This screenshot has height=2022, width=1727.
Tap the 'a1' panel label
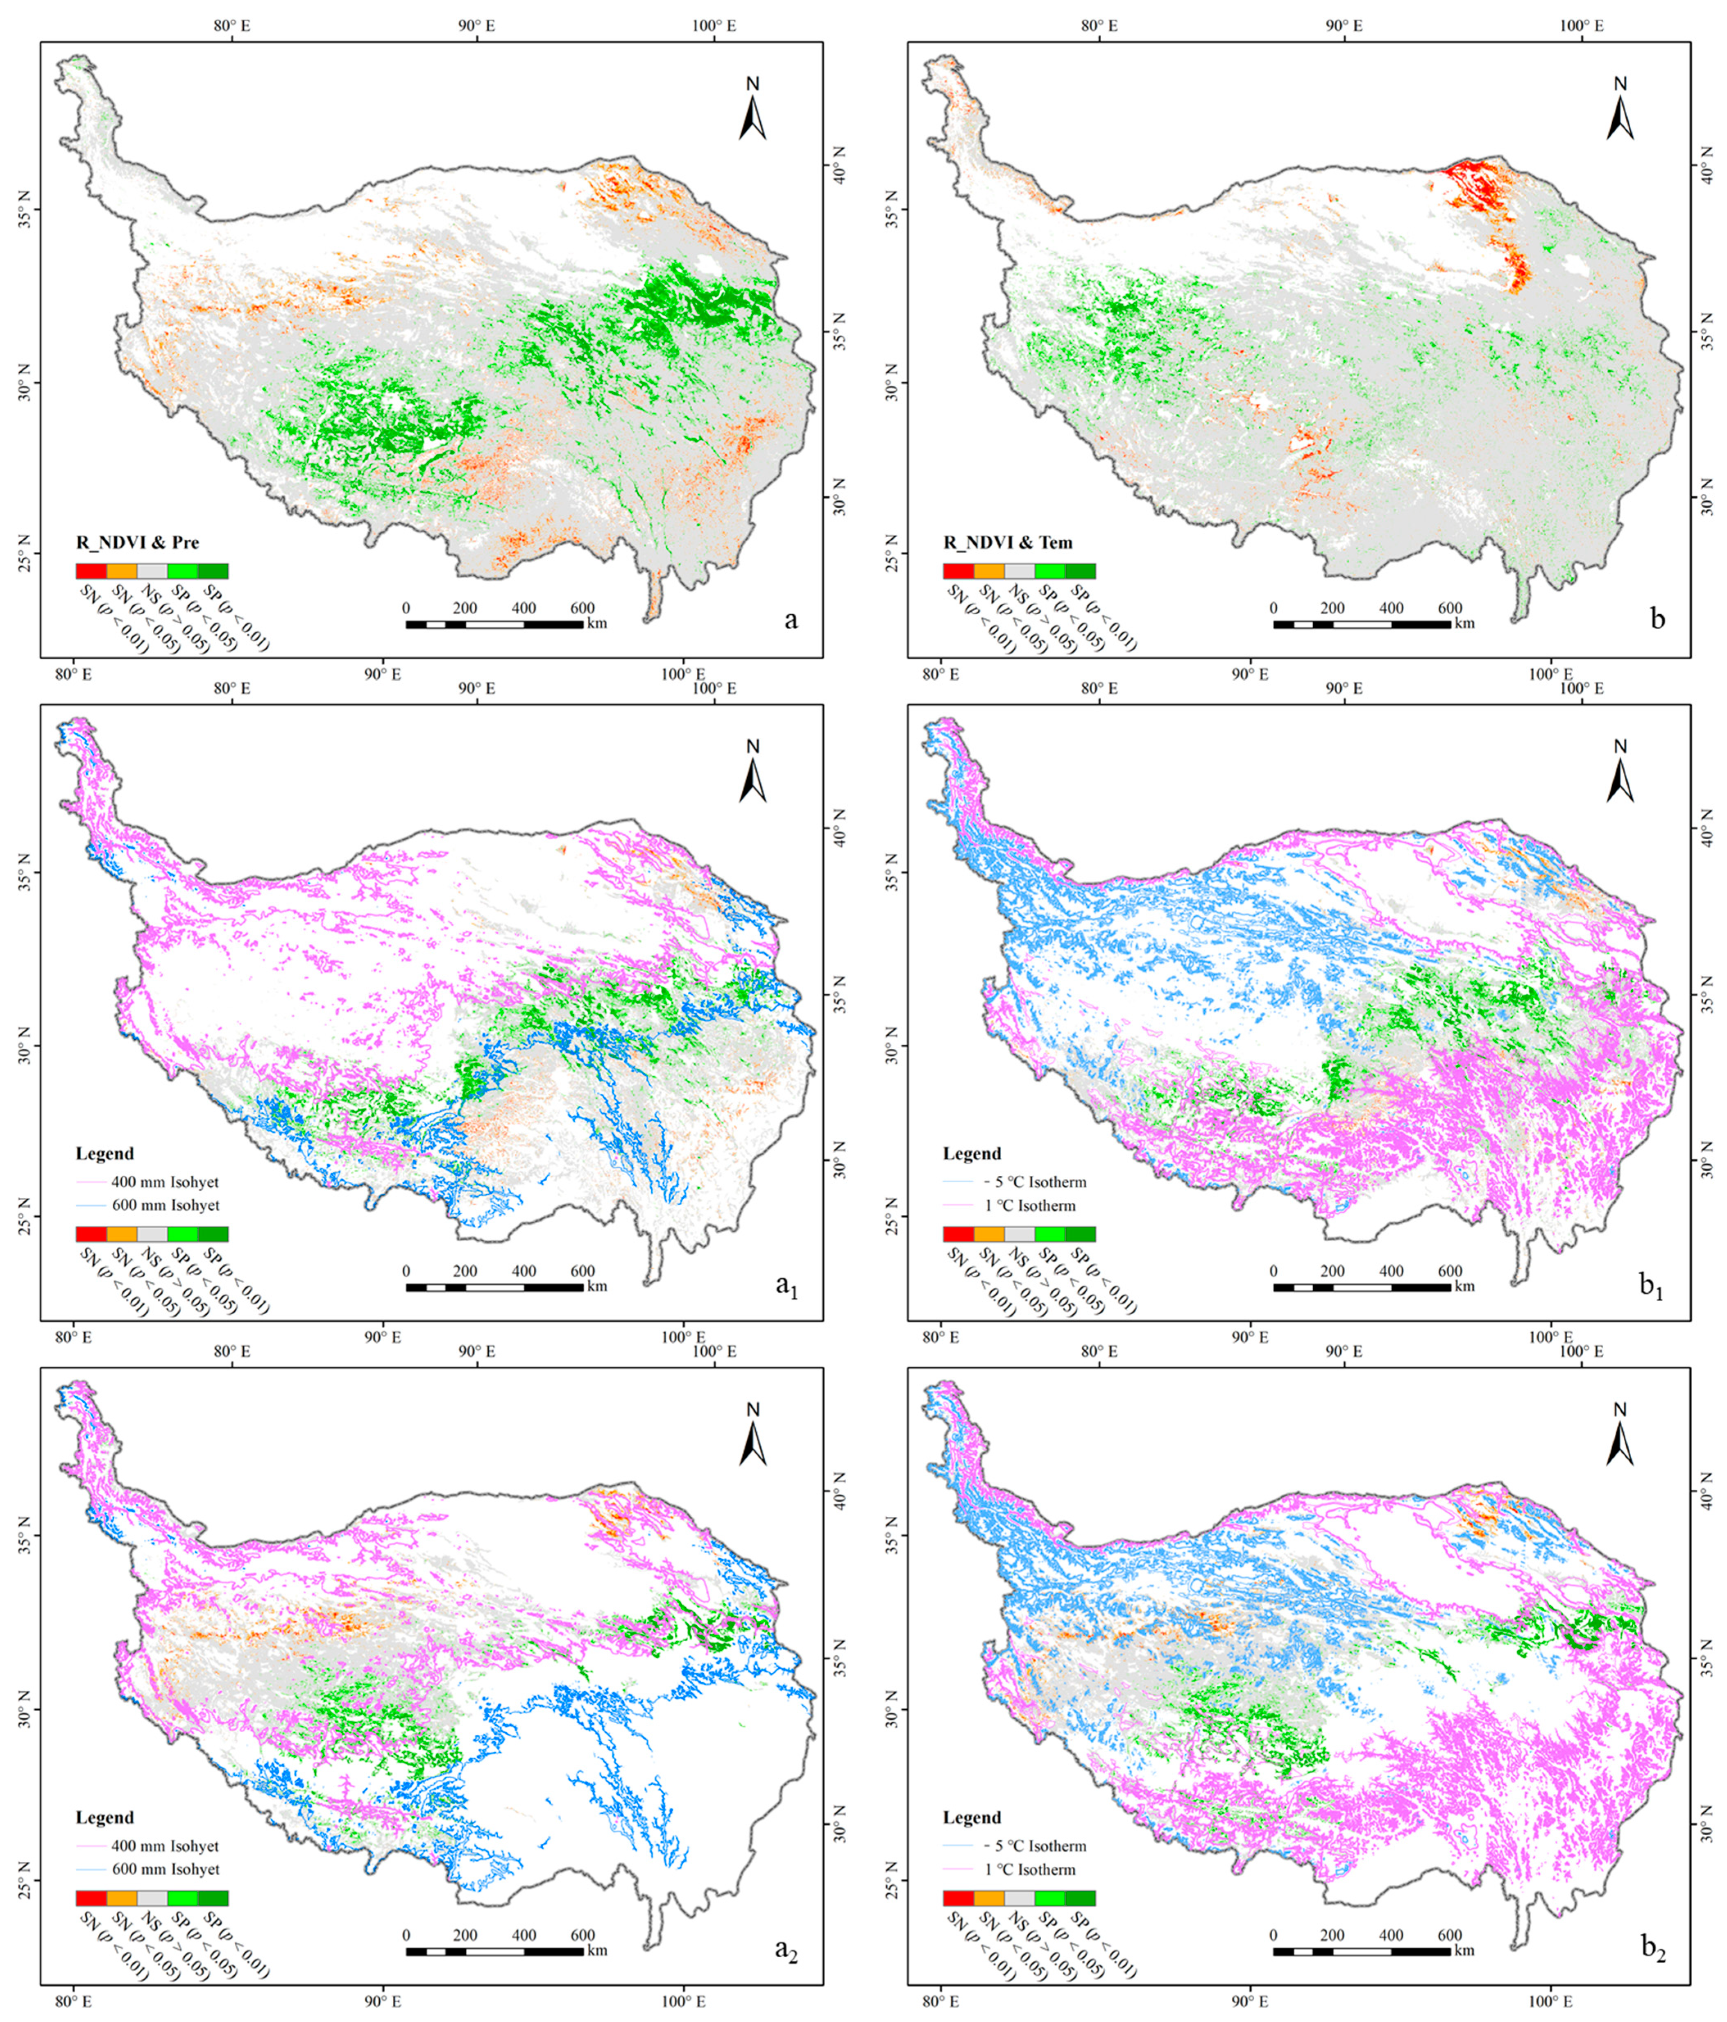pyautogui.click(x=786, y=1285)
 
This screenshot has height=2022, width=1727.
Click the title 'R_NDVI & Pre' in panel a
pyautogui.click(x=138, y=543)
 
